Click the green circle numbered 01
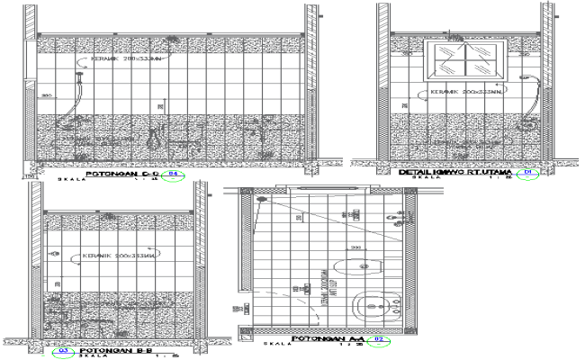point(529,171)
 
